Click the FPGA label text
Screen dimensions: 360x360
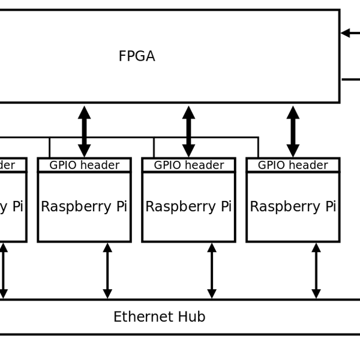[137, 56]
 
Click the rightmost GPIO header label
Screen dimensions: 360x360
[293, 165]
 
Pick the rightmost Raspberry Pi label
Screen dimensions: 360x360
[293, 206]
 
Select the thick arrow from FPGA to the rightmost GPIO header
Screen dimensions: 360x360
[293, 131]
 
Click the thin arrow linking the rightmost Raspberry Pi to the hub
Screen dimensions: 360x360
[316, 271]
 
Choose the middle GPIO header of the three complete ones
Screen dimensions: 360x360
[188, 165]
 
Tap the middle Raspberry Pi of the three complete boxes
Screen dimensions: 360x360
[188, 206]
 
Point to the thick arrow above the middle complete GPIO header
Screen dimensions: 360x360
[188, 131]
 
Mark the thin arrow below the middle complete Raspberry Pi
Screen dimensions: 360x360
[212, 271]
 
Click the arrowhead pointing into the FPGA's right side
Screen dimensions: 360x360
[346, 33]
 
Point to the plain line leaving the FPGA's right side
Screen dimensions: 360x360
[351, 79]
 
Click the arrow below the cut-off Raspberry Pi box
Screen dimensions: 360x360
[3, 271]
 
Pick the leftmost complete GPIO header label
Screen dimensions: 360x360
[84, 165]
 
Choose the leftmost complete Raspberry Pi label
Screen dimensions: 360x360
[84, 206]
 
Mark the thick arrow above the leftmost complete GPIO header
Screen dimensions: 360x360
[84, 131]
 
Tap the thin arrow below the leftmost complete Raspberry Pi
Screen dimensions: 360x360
[107, 271]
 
